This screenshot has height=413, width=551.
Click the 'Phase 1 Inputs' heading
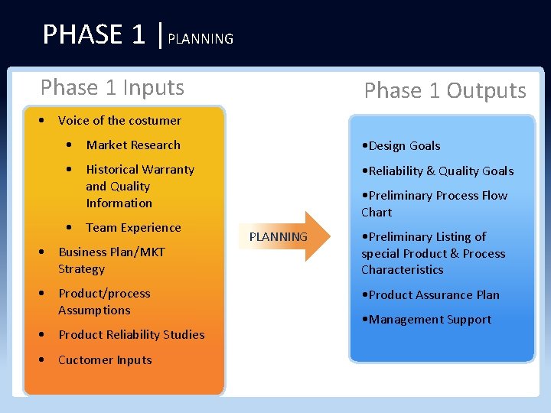click(112, 88)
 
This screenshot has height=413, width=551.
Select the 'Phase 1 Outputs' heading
click(445, 91)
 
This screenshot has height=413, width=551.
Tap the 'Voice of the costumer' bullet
click(119, 121)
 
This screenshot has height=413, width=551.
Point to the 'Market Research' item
click(133, 145)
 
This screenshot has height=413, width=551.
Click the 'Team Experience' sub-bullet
click(133, 228)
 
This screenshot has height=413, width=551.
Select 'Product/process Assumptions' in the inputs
click(104, 302)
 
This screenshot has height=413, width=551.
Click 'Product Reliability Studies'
click(131, 335)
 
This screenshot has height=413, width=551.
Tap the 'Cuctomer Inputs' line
click(105, 360)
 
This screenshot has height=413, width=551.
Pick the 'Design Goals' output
click(401, 146)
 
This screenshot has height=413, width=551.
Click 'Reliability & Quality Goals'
click(437, 171)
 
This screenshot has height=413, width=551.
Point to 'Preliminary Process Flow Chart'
click(434, 204)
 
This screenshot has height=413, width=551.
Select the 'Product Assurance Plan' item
click(430, 295)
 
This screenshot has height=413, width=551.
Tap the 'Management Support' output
click(426, 320)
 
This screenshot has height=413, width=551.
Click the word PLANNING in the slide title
click(201, 39)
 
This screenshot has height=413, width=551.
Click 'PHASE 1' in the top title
click(93, 34)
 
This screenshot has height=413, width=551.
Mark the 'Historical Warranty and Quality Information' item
click(140, 187)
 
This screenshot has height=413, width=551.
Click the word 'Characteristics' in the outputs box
click(403, 270)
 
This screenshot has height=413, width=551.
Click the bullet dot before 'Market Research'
click(70, 145)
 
